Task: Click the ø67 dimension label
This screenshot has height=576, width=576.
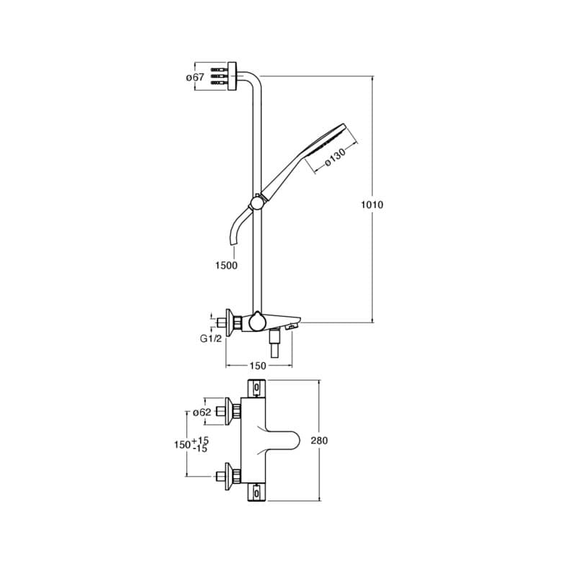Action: coord(196,77)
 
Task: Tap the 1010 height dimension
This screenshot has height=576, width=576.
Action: coord(372,204)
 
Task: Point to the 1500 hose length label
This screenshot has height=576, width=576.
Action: coord(226,265)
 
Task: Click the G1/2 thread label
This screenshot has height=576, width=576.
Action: coord(211,338)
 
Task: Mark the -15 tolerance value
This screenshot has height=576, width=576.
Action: coord(200,449)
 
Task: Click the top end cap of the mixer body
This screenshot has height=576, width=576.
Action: coord(257,389)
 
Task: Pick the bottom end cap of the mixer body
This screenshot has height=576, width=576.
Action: coord(257,494)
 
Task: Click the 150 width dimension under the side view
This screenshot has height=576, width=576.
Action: coord(257,366)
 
